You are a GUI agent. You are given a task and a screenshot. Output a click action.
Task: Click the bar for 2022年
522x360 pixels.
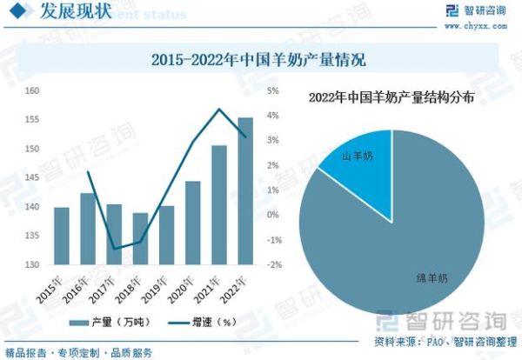pos(246,191)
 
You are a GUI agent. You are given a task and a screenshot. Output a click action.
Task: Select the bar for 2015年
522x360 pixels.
pos(61,236)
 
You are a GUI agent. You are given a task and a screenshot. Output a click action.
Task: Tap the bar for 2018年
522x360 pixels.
pos(140,238)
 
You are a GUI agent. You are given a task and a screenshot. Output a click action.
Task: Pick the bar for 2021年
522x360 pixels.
pos(219,204)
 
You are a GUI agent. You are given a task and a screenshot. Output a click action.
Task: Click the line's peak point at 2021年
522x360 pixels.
pos(219,110)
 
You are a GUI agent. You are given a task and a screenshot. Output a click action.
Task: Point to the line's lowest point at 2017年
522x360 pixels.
pos(114,250)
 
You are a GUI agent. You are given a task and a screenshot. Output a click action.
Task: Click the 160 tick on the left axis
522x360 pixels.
pos(31,91)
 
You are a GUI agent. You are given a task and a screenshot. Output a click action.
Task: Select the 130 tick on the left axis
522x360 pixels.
pos(31,264)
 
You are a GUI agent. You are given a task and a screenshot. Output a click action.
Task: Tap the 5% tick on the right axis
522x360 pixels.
pos(272,91)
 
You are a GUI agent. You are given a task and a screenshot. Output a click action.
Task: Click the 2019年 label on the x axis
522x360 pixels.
pos(161,285)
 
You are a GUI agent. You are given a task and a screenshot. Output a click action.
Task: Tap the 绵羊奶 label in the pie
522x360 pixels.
pos(431,278)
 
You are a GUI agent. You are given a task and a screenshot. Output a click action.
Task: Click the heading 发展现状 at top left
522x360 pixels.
pos(69,12)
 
